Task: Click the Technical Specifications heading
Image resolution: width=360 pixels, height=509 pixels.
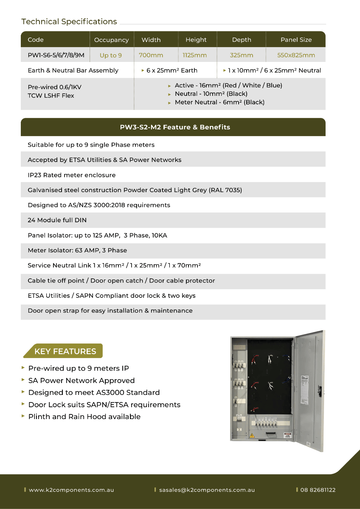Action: click(69, 22)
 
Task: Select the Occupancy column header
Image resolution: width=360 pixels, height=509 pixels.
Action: click(111, 40)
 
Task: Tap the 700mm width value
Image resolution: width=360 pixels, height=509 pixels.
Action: click(151, 55)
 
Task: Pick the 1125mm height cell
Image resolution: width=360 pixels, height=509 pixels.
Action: click(195, 55)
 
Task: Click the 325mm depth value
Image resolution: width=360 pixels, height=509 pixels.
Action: click(242, 55)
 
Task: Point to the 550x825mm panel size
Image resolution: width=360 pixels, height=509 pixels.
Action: click(296, 55)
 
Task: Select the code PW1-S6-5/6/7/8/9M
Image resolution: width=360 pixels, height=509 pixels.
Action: click(56, 55)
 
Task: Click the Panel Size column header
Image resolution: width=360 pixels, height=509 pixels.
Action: click(296, 40)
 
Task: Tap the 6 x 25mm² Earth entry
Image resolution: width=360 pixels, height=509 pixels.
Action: click(172, 70)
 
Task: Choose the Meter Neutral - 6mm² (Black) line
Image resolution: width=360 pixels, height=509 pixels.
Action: click(219, 102)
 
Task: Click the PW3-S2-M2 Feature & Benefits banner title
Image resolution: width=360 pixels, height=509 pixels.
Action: click(175, 127)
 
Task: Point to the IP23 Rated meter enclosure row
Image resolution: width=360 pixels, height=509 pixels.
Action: click(71, 175)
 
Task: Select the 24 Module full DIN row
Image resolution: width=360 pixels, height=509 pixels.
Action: click(57, 220)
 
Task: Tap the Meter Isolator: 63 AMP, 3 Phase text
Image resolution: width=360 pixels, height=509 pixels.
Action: click(77, 250)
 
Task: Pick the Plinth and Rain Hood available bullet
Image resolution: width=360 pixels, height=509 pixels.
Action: click(84, 417)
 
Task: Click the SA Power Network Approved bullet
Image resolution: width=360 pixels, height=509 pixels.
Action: click(81, 380)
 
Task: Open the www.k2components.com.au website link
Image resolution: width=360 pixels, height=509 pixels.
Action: click(71, 490)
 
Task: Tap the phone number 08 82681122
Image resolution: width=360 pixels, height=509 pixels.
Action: click(318, 490)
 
